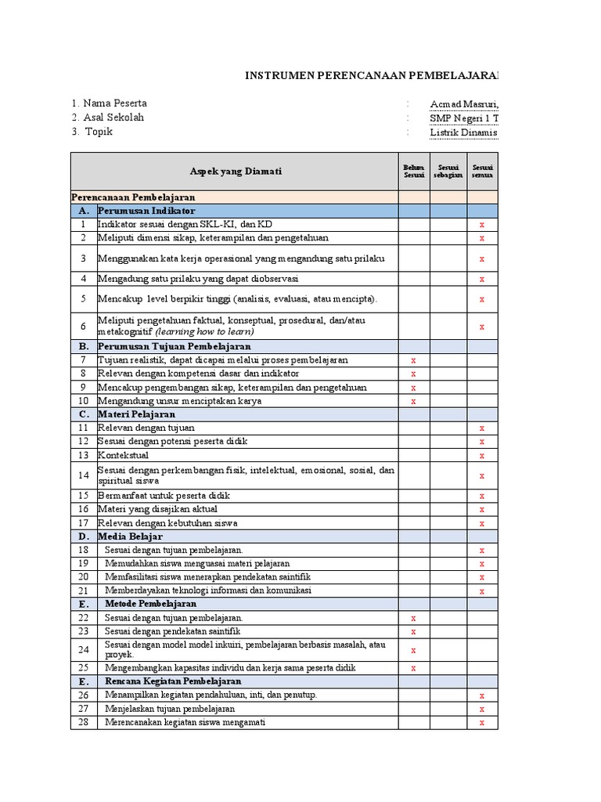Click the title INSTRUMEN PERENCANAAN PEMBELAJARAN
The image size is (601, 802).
click(x=372, y=75)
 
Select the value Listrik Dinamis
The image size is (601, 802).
click(x=463, y=132)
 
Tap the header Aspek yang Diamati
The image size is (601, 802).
click(x=236, y=172)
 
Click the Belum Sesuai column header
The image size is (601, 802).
click(x=413, y=171)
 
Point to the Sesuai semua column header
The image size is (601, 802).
click(x=482, y=171)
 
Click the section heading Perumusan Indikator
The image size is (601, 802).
click(x=147, y=211)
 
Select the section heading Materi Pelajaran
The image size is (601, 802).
click(x=136, y=414)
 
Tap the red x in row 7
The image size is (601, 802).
click(x=413, y=360)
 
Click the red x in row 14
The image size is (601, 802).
click(x=482, y=475)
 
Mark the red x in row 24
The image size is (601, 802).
click(x=413, y=650)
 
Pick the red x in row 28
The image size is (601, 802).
click(x=482, y=723)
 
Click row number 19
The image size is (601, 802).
click(x=84, y=564)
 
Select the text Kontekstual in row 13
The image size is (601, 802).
click(x=123, y=455)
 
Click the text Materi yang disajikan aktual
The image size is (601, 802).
click(x=157, y=509)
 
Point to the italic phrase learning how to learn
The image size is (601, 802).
click(x=210, y=331)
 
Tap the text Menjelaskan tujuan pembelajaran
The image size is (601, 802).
click(x=170, y=709)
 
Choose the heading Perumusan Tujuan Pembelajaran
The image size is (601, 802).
click(x=175, y=346)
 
